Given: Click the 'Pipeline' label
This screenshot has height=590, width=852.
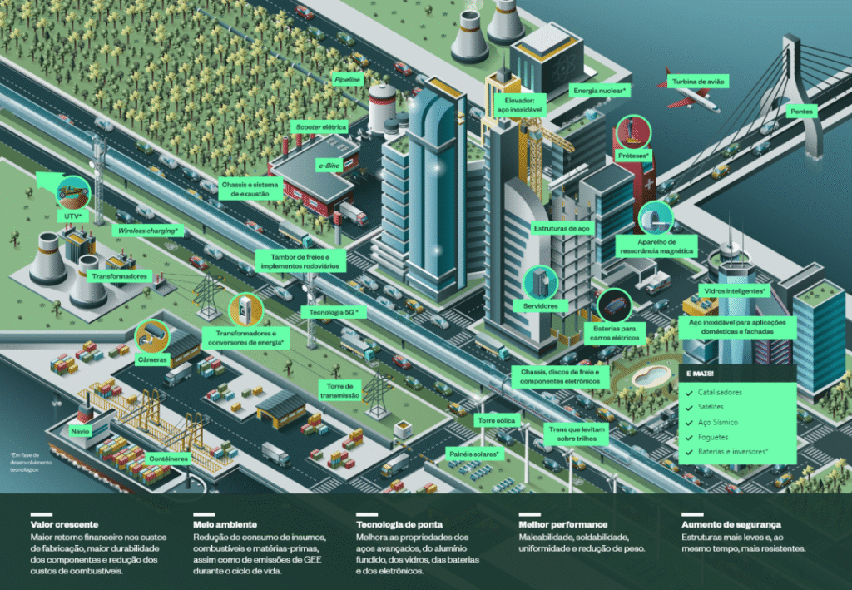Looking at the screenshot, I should tap(347, 79).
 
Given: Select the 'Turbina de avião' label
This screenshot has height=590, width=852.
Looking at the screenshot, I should tap(700, 82).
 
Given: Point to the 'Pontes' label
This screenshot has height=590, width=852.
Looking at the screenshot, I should tap(803, 111).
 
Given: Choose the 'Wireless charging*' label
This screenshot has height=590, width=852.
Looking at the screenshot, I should tap(147, 230).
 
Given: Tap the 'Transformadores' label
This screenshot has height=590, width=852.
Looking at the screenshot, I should tap(119, 275).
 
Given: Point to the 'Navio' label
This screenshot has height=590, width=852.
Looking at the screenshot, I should tap(80, 431).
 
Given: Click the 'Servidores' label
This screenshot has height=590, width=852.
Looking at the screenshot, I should tap(541, 306).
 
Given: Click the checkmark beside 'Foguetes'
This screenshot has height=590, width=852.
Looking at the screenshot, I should tap(687, 437).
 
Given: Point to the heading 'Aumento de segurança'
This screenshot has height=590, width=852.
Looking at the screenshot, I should tap(731, 524).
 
